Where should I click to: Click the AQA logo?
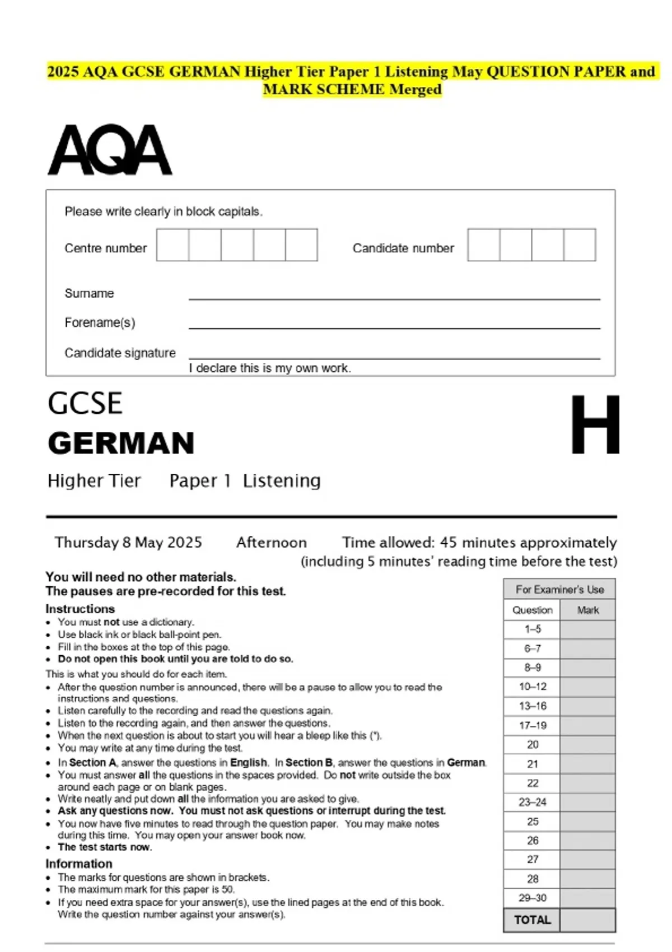(x=110, y=150)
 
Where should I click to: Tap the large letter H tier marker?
(x=595, y=424)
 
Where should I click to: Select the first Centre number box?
(x=172, y=245)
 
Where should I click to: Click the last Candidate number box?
(x=580, y=245)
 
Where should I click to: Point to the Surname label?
(x=89, y=293)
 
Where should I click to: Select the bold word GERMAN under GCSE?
(x=121, y=443)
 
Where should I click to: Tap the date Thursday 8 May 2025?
(x=128, y=542)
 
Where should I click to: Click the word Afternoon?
(x=272, y=542)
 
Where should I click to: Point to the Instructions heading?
(x=80, y=609)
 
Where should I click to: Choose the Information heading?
(x=79, y=864)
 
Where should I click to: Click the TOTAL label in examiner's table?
(x=532, y=920)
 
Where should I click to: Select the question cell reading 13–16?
(x=532, y=706)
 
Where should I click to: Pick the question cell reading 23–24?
(x=532, y=802)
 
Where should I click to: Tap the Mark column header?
(x=587, y=610)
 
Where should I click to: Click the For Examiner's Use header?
(x=559, y=589)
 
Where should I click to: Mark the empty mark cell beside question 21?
(x=587, y=764)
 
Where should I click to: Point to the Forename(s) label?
(x=100, y=323)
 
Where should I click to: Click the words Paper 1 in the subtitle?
(x=200, y=480)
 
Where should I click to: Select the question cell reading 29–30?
(x=532, y=898)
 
